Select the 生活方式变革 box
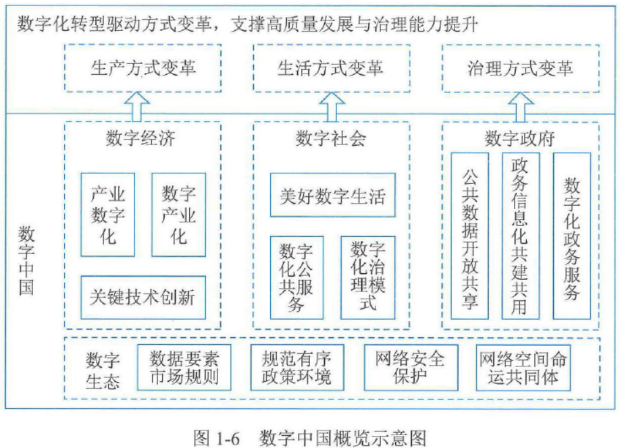click(331, 68)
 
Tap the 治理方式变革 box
click(520, 68)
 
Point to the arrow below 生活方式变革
click(331, 105)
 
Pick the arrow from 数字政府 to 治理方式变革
click(520, 105)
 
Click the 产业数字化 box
click(103, 215)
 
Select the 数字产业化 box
click(178, 215)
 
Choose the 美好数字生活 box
click(332, 195)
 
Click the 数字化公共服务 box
click(295, 277)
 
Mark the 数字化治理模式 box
click(367, 277)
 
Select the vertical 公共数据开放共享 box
click(469, 235)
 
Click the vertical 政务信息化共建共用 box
click(520, 235)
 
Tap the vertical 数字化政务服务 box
click(571, 235)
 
